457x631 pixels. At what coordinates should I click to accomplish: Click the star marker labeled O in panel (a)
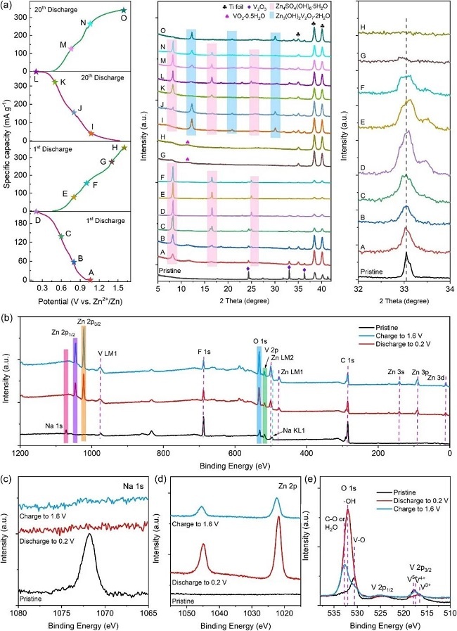point(124,10)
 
